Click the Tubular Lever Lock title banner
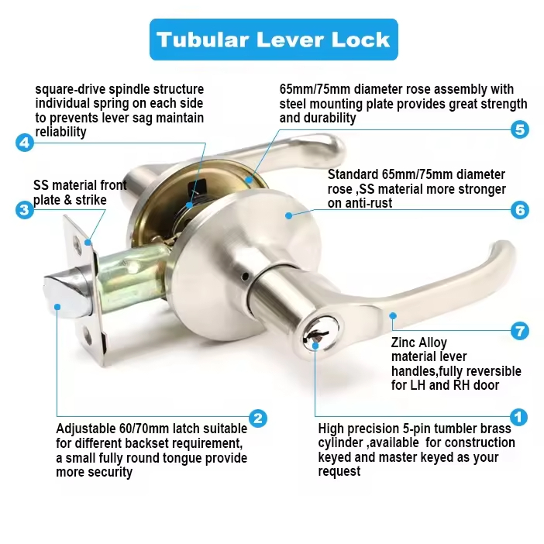pos(273,40)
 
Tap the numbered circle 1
pos(518,418)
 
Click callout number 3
pos(24,210)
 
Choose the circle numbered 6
pos(519,210)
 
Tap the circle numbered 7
pos(519,331)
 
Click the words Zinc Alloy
pos(419,343)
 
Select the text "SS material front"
pos(80,186)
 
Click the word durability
pos(329,119)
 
